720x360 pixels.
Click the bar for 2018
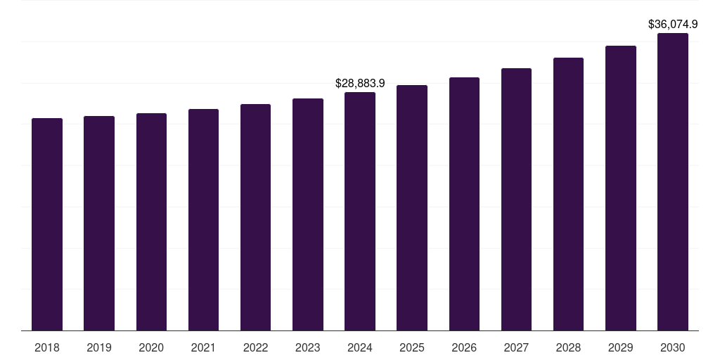click(47, 224)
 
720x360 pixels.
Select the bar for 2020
click(151, 221)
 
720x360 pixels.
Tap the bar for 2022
click(255, 217)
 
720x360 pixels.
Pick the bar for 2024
click(360, 211)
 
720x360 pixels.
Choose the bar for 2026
click(464, 204)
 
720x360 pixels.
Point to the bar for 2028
click(568, 194)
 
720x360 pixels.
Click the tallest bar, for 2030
click(673, 181)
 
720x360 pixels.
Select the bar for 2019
click(99, 223)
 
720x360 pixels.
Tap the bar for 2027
click(516, 199)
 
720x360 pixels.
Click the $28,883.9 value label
click(360, 84)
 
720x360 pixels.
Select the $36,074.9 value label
click(673, 25)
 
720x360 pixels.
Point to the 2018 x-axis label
click(47, 347)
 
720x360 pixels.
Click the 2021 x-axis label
click(203, 347)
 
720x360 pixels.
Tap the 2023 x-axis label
click(308, 347)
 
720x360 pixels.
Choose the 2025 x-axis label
click(412, 347)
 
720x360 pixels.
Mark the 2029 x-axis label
click(621, 347)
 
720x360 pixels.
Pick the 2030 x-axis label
click(673, 347)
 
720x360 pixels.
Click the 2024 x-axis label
click(360, 347)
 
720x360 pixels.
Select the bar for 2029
click(621, 188)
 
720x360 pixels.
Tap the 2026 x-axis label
click(464, 347)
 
